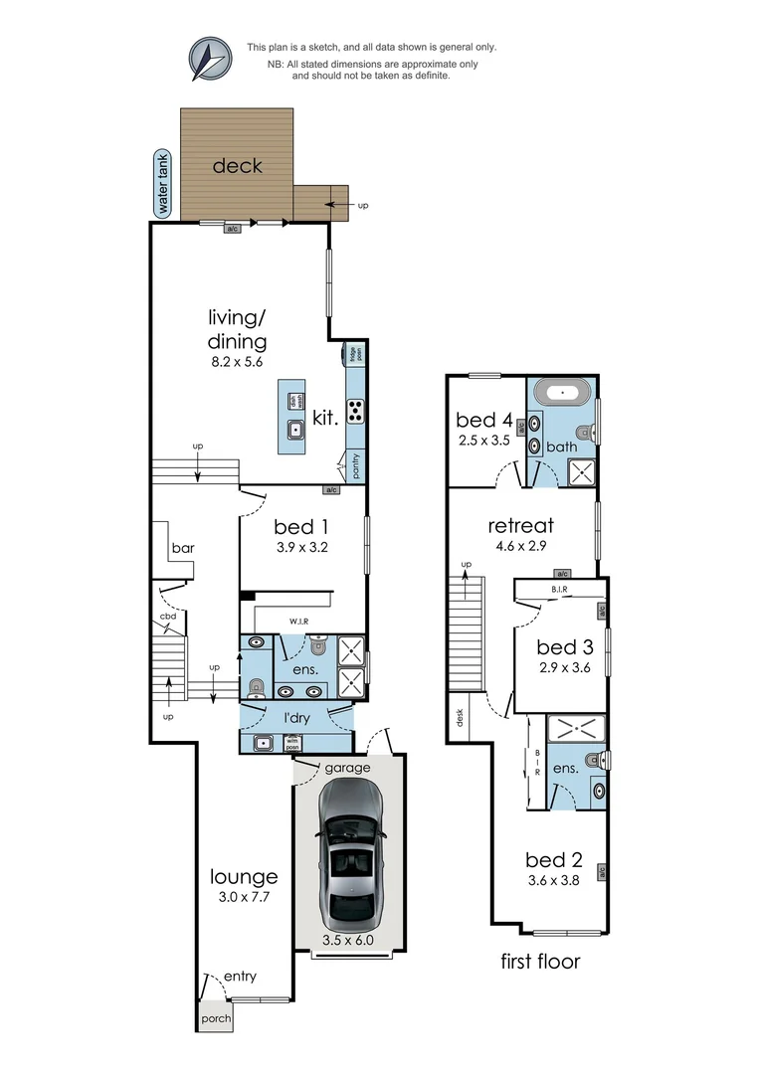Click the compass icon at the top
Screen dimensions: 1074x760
pyautogui.click(x=210, y=59)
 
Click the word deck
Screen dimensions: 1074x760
pyautogui.click(x=238, y=165)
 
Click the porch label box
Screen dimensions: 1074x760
pyautogui.click(x=216, y=1018)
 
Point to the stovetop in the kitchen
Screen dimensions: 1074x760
pyautogui.click(x=354, y=411)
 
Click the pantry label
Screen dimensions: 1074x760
pyautogui.click(x=354, y=463)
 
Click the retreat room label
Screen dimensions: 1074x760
pyautogui.click(x=520, y=525)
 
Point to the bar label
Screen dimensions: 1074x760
pyautogui.click(x=183, y=548)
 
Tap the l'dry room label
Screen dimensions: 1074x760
pyautogui.click(x=294, y=717)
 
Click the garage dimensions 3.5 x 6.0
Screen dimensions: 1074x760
pyautogui.click(x=348, y=940)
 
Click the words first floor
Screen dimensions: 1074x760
pyautogui.click(x=541, y=962)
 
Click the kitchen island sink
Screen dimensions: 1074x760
pyautogui.click(x=294, y=431)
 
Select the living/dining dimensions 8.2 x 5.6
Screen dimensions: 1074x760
pyautogui.click(x=238, y=364)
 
